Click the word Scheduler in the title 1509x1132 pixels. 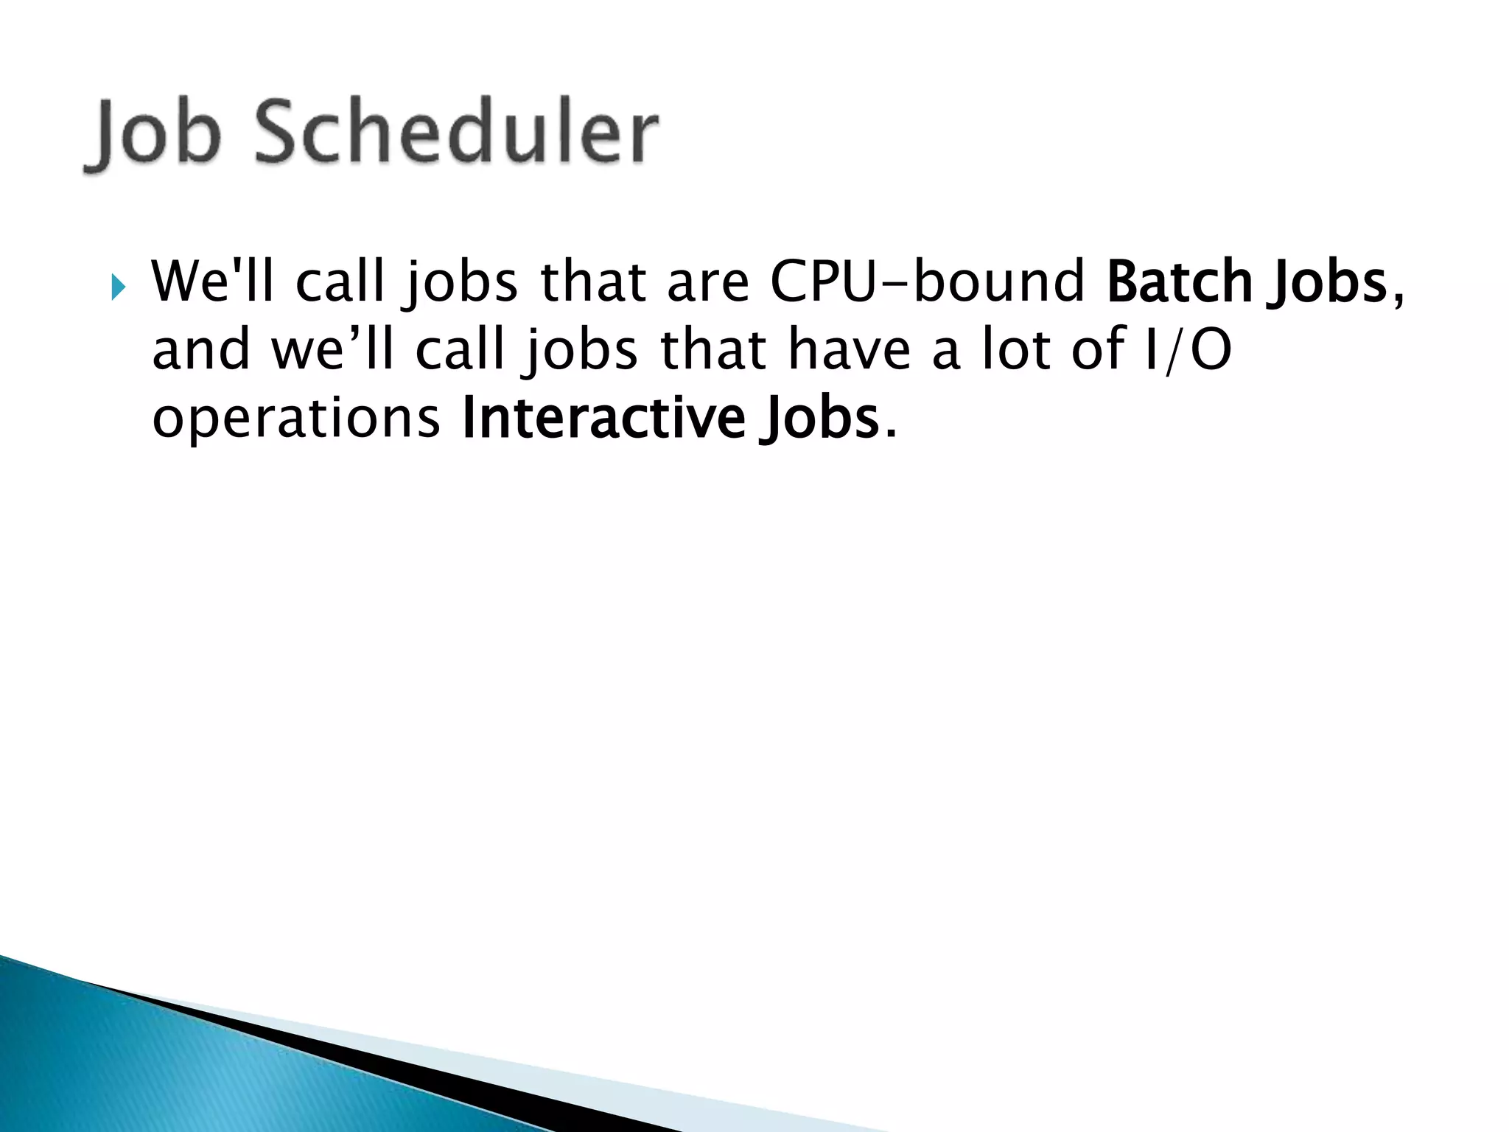coord(456,133)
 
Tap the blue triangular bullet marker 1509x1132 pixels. coord(119,285)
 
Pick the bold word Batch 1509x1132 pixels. coord(1178,282)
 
